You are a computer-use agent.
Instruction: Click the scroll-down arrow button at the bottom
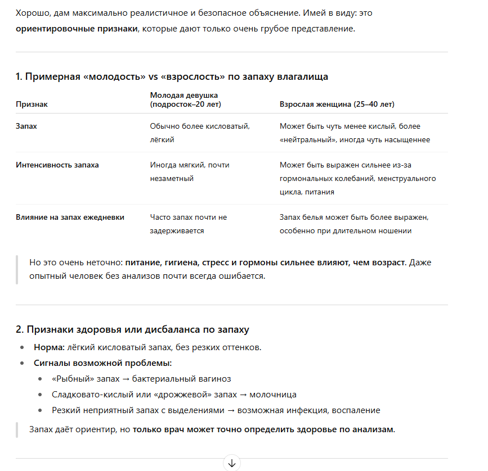(x=232, y=463)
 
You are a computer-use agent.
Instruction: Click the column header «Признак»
(x=32, y=105)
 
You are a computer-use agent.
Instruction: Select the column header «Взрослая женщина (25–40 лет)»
(x=337, y=105)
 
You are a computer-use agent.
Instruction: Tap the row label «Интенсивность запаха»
(x=57, y=165)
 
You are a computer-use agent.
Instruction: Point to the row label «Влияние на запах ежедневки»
(x=70, y=217)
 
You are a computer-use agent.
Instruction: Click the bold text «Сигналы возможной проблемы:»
(x=102, y=363)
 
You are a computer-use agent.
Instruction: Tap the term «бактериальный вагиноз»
(x=190, y=379)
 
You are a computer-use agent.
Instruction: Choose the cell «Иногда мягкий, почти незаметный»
(x=189, y=171)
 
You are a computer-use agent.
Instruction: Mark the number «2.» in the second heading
(x=20, y=329)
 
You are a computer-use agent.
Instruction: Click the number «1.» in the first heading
(x=19, y=76)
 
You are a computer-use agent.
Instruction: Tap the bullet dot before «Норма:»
(x=21, y=347)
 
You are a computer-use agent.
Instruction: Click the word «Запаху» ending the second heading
(x=232, y=329)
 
